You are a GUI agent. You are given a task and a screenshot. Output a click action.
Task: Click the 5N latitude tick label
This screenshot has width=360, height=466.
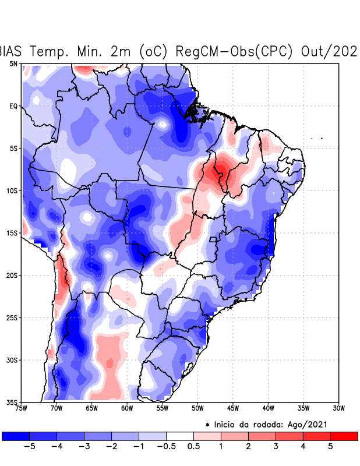coord(13,63)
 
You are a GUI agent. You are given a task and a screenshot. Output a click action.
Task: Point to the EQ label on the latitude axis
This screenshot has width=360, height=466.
coord(13,106)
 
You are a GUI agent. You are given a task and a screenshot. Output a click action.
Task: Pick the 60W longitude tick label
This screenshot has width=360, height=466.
coord(127,408)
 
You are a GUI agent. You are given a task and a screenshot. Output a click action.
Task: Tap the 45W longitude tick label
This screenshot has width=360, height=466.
coord(233,408)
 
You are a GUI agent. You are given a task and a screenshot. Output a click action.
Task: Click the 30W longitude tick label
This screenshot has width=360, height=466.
coord(339,408)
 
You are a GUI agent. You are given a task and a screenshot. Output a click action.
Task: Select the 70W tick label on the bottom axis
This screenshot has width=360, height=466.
coord(57,408)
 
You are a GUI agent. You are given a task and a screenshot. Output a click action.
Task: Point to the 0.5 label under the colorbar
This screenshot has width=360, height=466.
coord(193,447)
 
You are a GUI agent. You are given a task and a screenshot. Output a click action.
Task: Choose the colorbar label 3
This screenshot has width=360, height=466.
coord(276,447)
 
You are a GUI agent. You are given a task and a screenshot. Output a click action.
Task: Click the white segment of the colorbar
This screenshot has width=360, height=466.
coord(180,436)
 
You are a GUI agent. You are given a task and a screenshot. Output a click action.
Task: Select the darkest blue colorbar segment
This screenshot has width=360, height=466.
coord(16,436)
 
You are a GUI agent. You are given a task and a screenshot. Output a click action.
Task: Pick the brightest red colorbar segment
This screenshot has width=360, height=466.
coord(344,436)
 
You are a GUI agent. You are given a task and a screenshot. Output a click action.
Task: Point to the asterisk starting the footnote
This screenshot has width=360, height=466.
coord(207,425)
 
